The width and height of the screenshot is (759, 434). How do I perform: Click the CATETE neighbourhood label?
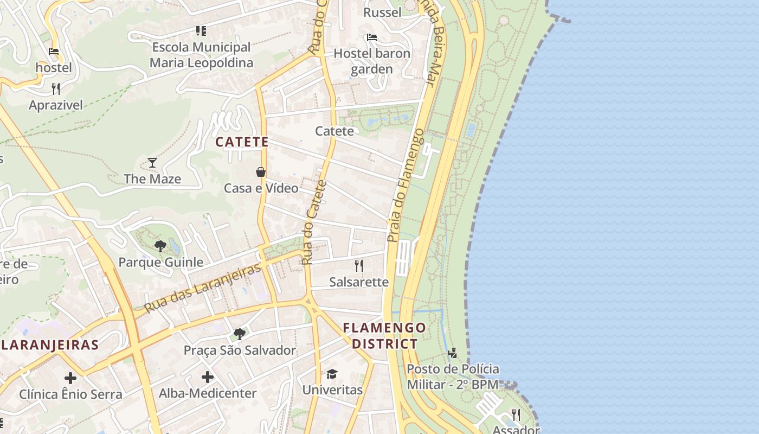(242, 142)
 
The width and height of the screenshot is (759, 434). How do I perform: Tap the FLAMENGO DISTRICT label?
(384, 336)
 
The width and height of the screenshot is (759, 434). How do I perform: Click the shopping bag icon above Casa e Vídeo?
(261, 172)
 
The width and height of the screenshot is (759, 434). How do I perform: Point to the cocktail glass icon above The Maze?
(152, 162)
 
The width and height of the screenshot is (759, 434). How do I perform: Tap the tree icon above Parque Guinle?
(160, 246)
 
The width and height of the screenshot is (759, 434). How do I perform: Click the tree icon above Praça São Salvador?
(239, 334)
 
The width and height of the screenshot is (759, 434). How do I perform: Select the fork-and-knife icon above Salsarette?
(358, 265)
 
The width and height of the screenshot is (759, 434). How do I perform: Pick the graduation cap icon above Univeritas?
(332, 374)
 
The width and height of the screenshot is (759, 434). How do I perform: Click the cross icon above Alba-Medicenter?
(208, 376)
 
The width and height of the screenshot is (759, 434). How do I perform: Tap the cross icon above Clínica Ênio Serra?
(70, 378)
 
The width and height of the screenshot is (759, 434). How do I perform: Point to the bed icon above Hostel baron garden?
(372, 37)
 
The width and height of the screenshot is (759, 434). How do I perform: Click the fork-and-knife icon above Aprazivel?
(56, 88)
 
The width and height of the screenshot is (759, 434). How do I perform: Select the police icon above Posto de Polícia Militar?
(452, 353)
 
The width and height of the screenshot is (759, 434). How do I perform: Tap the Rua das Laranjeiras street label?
(203, 288)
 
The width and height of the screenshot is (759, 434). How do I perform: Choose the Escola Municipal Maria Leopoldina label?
(201, 55)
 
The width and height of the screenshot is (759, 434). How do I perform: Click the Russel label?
(382, 12)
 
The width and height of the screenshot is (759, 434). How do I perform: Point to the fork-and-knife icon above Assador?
(516, 415)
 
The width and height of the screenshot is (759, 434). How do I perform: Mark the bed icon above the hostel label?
(54, 52)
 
